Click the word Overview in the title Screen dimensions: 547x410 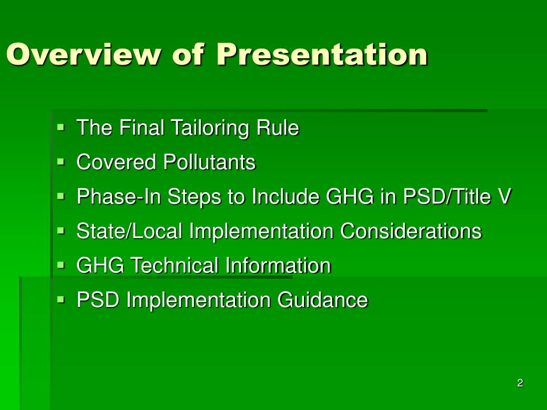tap(84, 54)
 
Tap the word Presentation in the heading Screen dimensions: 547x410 tap(322, 54)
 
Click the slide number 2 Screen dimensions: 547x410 tap(520, 383)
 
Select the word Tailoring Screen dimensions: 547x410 tap(210, 128)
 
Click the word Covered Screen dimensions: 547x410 tap(116, 162)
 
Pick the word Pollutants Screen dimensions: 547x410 tap(209, 162)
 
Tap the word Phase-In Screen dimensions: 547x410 tap(119, 196)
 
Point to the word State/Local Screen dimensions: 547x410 tap(129, 231)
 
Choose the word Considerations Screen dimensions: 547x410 tap(411, 231)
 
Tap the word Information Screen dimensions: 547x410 tap(278, 265)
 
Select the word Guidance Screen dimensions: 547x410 tap(322, 300)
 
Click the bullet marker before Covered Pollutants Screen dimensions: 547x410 tap(61, 162)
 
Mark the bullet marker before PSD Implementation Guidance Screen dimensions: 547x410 tap(61, 299)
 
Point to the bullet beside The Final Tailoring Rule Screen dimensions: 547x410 tap(61, 128)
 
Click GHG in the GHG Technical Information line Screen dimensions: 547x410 tap(100, 265)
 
